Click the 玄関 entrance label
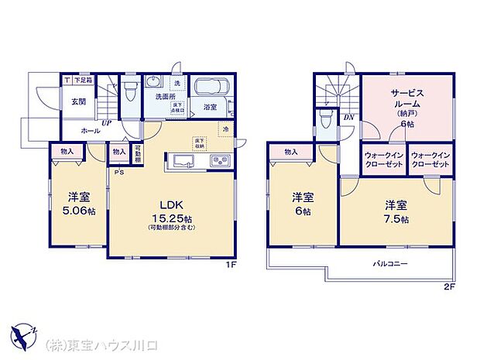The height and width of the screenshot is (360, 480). pyautogui.click(x=79, y=101)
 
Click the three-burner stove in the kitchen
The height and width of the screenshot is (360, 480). pyautogui.click(x=218, y=161)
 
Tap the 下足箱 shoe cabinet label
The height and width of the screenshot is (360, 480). pyautogui.click(x=84, y=80)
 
